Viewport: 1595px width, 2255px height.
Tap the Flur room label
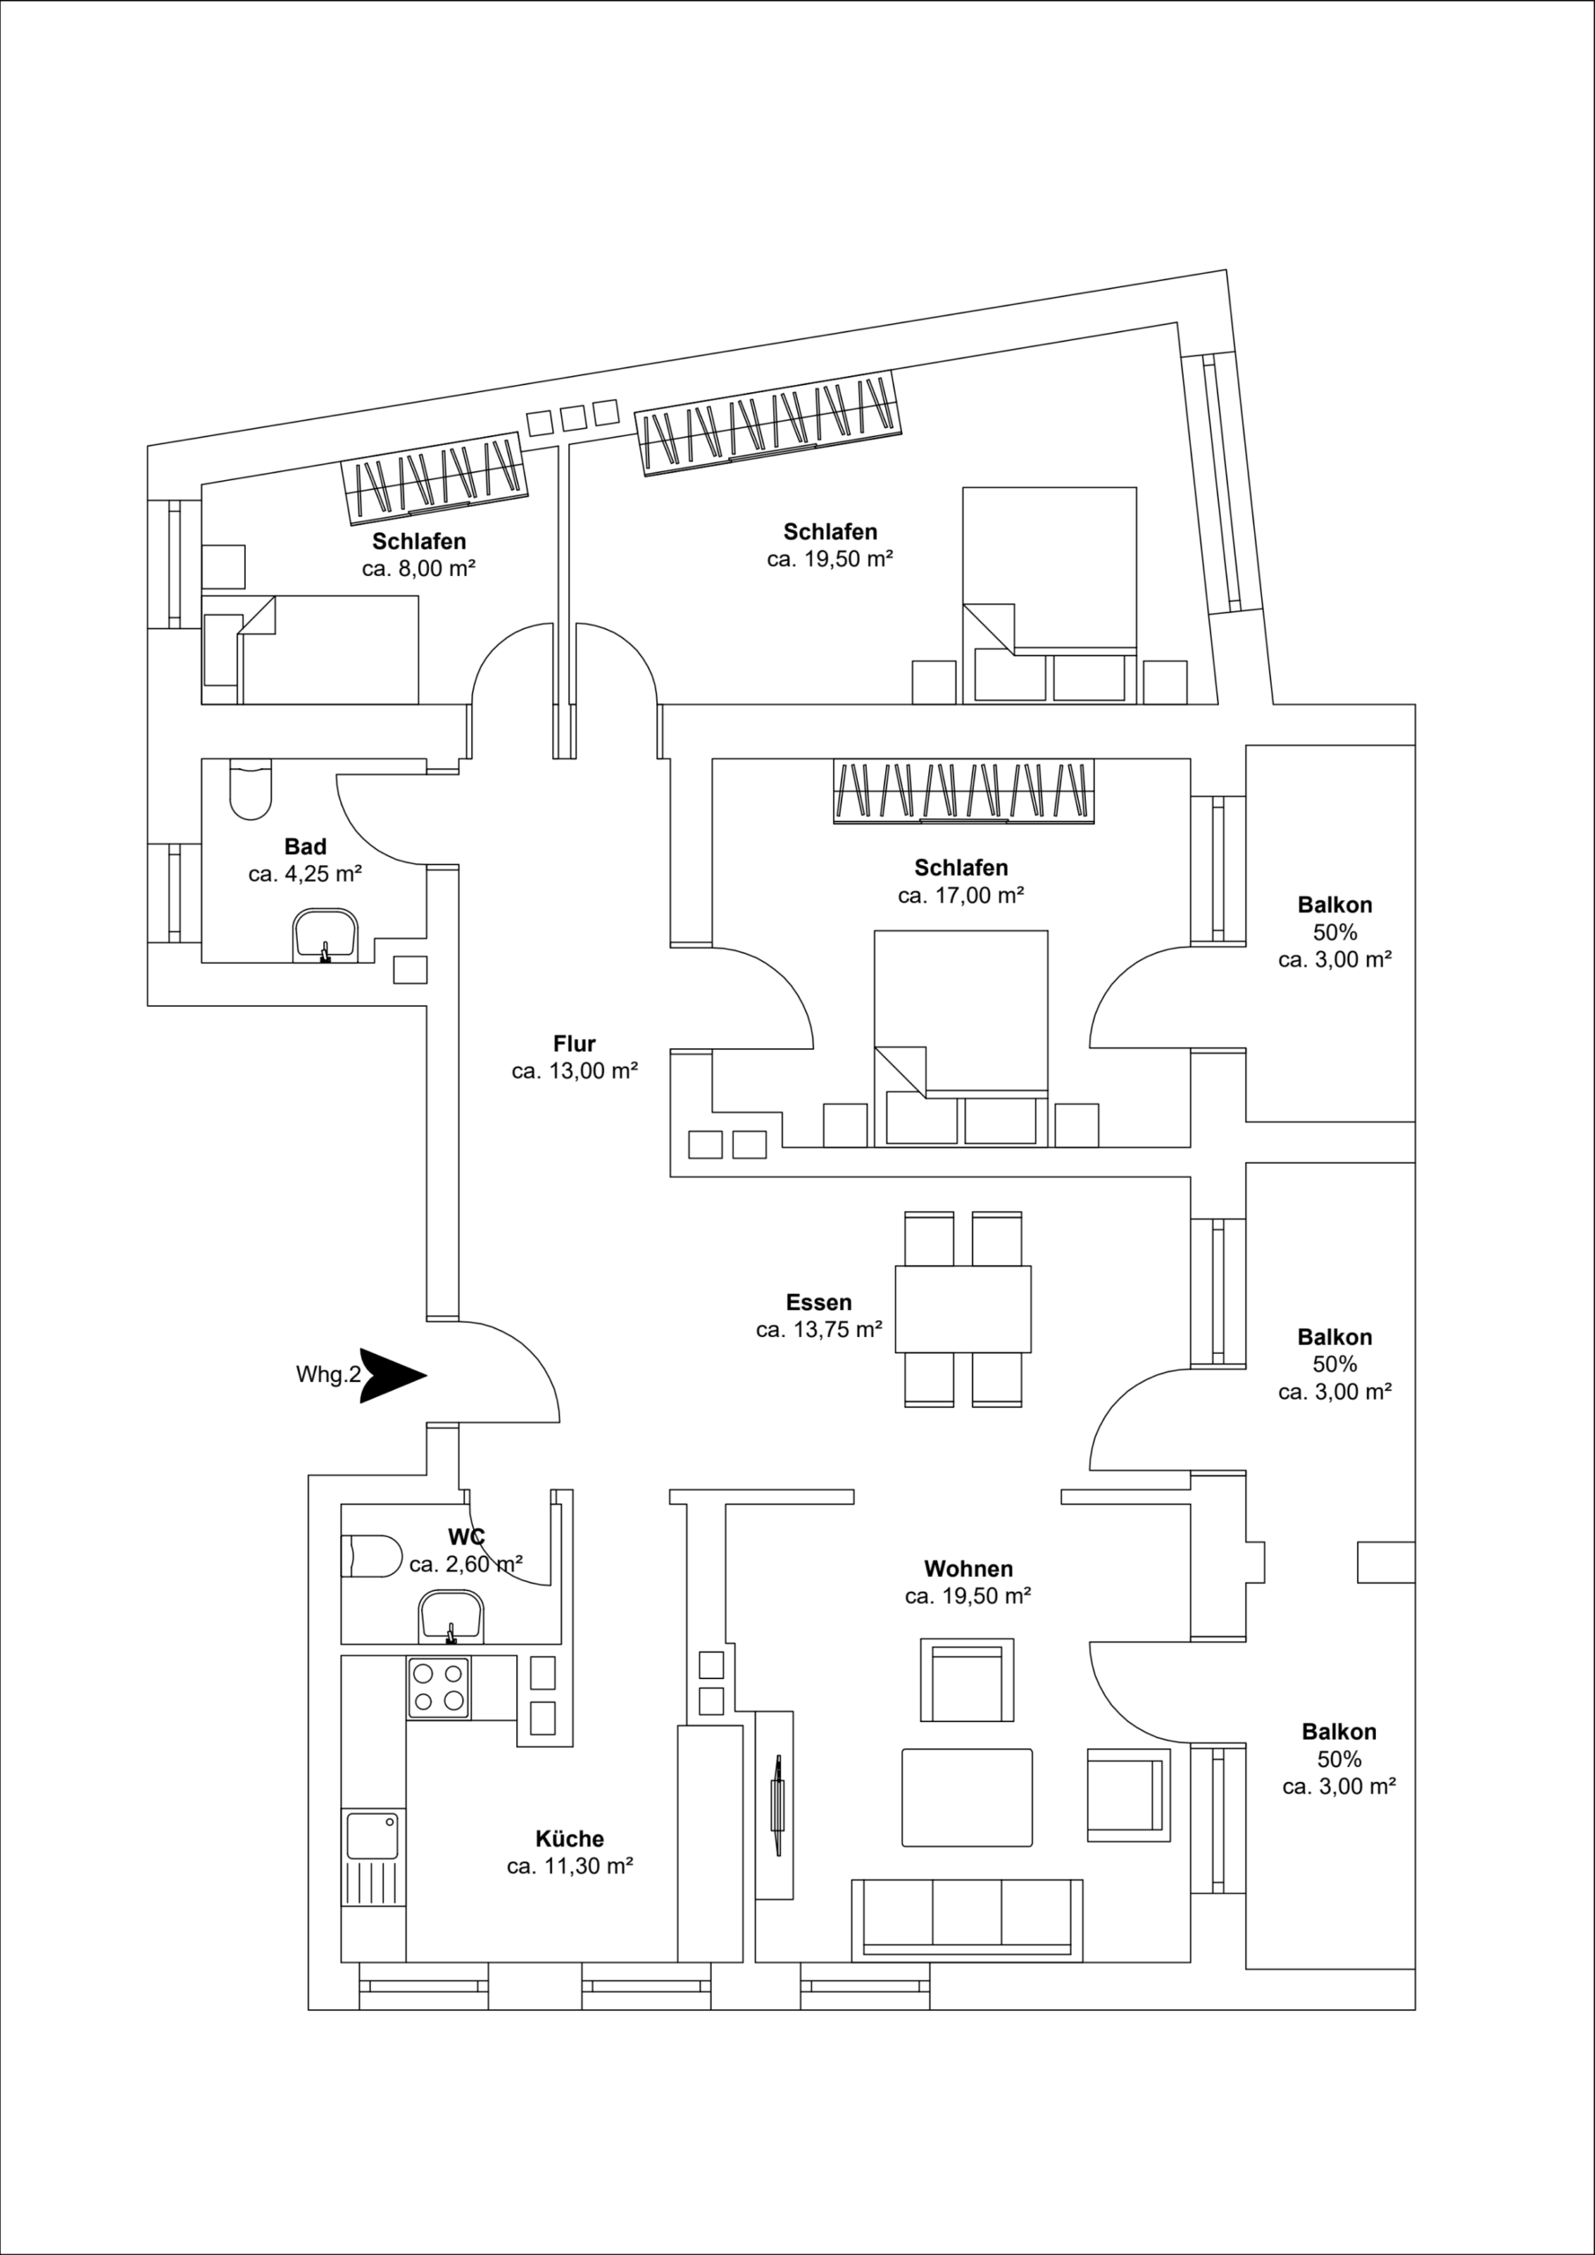click(x=573, y=1043)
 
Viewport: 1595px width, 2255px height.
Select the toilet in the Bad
click(x=249, y=787)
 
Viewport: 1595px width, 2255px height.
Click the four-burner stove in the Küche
click(x=438, y=1688)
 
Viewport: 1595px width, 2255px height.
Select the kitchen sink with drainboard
click(x=373, y=1859)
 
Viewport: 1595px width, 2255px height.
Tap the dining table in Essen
click(x=963, y=1309)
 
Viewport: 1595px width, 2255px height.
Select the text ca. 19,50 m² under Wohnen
click(x=967, y=1596)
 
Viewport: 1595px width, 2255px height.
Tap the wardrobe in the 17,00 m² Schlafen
click(x=963, y=791)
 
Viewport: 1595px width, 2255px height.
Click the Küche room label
click(x=570, y=1838)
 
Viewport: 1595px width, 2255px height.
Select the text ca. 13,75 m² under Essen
click(x=818, y=1330)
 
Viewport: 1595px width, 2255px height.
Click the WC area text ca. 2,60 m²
click(x=466, y=1564)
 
